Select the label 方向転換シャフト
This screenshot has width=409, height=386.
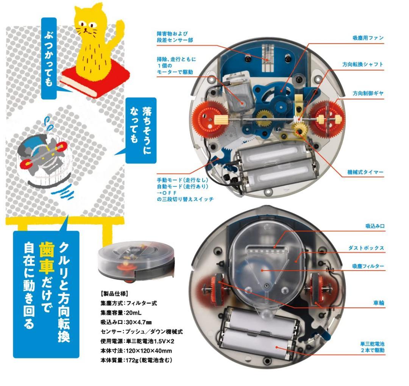(363, 65)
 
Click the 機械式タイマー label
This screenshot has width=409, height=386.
(365, 172)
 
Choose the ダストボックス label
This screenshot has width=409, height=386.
(366, 248)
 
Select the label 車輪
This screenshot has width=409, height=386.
(378, 303)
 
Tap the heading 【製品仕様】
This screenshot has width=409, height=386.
(113, 293)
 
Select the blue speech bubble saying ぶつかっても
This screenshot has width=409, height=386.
(48, 57)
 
